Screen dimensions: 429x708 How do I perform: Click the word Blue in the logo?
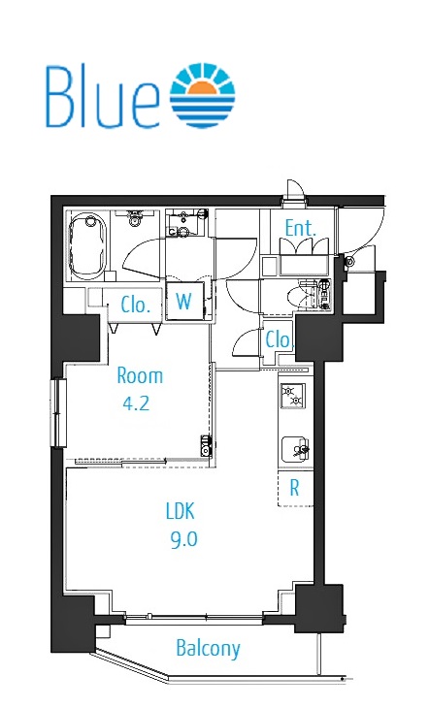(x=103, y=96)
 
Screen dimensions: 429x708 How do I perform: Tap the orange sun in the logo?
(x=203, y=89)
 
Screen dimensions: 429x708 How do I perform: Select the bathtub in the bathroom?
(x=87, y=246)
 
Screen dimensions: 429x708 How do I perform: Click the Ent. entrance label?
(x=300, y=228)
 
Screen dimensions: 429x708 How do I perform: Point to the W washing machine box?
(x=184, y=302)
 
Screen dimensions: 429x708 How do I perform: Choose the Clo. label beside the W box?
(x=135, y=306)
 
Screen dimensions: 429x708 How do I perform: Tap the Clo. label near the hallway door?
(x=279, y=339)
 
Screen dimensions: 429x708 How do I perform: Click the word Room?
(x=140, y=375)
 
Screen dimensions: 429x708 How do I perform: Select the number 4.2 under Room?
(x=136, y=402)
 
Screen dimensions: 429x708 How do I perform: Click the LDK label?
(x=181, y=511)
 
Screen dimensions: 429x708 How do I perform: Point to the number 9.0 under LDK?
(x=184, y=538)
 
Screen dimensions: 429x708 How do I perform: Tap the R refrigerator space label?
(x=294, y=488)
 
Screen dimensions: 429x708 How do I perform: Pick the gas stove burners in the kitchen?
(x=292, y=395)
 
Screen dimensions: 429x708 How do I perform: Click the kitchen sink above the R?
(x=295, y=449)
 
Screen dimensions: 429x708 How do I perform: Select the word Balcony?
(x=208, y=649)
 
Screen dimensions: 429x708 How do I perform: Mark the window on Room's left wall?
(x=58, y=412)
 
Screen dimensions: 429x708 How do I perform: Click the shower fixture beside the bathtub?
(x=134, y=218)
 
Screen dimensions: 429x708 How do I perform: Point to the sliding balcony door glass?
(x=193, y=620)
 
